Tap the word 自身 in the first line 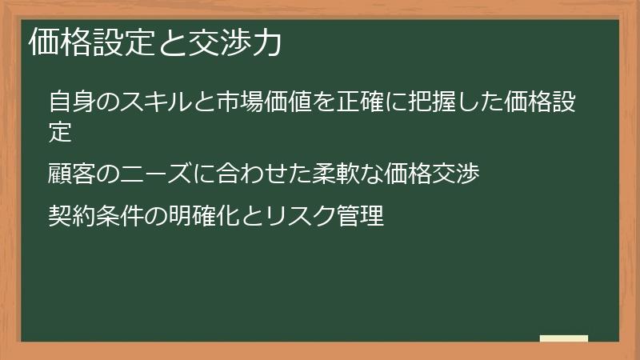point(71,103)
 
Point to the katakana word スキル point(151,103)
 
